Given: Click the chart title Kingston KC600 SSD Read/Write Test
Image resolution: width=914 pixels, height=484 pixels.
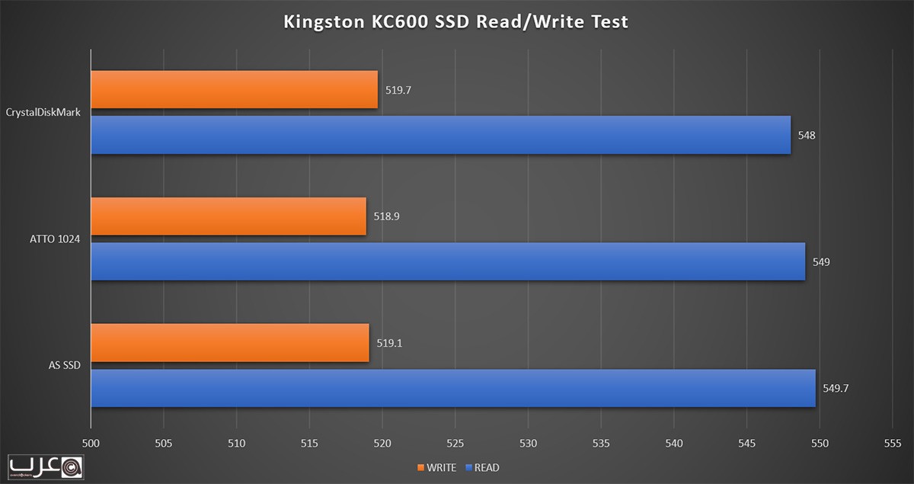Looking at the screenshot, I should tap(455, 21).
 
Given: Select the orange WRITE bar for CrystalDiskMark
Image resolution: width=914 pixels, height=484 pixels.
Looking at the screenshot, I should tap(234, 90).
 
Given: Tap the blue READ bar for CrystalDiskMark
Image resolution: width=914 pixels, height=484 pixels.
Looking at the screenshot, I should tap(440, 135).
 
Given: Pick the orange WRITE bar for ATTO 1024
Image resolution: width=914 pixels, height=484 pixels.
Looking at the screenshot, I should tap(228, 216).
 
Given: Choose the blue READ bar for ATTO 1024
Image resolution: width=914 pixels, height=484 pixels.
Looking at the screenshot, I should tap(448, 261).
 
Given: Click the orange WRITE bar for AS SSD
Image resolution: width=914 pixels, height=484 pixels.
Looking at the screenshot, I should tap(229, 343).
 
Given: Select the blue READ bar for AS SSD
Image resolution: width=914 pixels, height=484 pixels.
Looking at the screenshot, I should tap(453, 388).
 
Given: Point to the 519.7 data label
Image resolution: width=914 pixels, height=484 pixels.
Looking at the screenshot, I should tap(398, 90).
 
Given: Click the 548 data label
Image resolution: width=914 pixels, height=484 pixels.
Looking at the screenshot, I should tap(807, 135).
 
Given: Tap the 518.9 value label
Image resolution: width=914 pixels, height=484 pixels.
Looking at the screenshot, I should tap(387, 216).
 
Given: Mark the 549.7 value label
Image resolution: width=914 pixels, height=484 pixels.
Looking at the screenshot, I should tap(836, 388).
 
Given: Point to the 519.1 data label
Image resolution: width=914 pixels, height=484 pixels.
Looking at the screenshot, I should tap(388, 343).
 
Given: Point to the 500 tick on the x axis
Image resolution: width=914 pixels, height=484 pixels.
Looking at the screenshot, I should tap(91, 443).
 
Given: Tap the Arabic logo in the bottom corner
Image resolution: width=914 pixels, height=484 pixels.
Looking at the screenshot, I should tap(45, 466).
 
